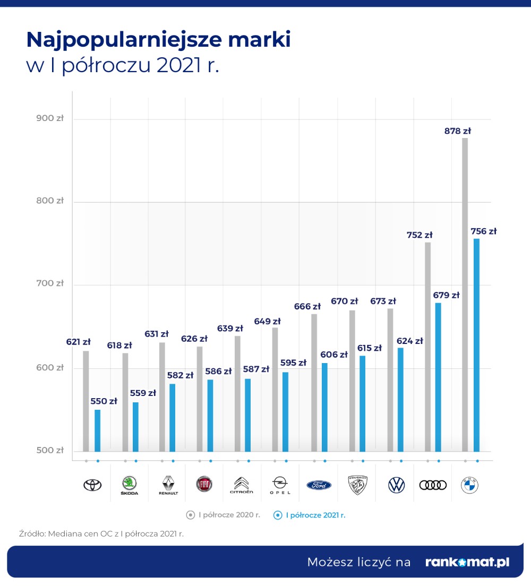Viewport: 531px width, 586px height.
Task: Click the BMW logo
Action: click(x=469, y=485)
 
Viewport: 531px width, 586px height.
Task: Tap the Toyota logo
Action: click(x=92, y=485)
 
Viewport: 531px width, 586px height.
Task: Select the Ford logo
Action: click(x=319, y=485)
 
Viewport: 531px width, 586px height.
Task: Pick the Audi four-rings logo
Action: click(x=433, y=485)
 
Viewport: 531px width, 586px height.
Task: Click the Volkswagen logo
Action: click(x=396, y=485)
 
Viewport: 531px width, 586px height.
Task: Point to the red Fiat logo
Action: click(x=204, y=484)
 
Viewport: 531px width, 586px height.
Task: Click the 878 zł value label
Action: click(x=458, y=131)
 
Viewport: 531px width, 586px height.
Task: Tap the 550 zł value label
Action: click(x=104, y=401)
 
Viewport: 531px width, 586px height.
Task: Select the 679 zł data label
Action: click(x=446, y=295)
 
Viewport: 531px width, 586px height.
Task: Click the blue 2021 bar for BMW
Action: click(x=476, y=345)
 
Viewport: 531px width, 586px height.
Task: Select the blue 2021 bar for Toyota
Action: click(x=97, y=430)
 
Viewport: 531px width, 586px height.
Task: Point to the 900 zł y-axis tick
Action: click(x=50, y=118)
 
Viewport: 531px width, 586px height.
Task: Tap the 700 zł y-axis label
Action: click(x=50, y=283)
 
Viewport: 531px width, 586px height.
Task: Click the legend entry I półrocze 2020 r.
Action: click(x=224, y=515)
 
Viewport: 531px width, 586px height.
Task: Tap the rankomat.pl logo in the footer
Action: click(x=467, y=562)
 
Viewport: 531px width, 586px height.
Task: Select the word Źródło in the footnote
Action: click(x=31, y=534)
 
